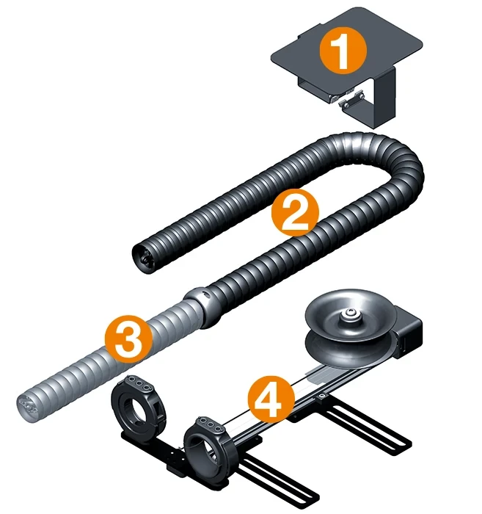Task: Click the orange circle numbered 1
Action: point(343,51)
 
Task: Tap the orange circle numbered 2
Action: point(295,212)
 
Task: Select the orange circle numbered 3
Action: point(128,339)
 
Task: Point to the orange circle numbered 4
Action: point(271,400)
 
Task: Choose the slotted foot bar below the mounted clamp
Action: point(274,485)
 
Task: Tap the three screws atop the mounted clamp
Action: point(211,424)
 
